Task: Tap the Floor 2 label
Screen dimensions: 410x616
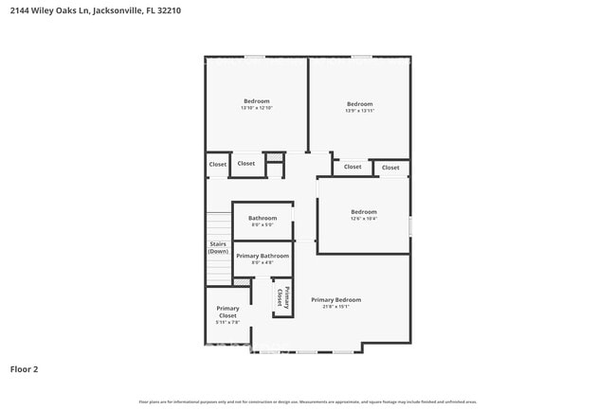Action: point(24,369)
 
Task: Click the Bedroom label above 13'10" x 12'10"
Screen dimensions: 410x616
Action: point(256,101)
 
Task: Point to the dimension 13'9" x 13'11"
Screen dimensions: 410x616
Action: point(359,111)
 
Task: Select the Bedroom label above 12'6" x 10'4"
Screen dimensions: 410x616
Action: point(364,211)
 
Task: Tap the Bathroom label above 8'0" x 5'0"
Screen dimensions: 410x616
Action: point(263,218)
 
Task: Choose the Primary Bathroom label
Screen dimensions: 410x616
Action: point(263,256)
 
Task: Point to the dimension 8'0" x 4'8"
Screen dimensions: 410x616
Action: point(263,262)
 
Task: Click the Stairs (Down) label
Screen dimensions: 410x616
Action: point(218,248)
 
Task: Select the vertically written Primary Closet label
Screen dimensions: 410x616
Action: point(281,296)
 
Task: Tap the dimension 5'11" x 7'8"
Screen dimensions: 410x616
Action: point(227,323)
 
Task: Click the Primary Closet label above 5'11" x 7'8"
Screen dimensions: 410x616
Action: point(227,312)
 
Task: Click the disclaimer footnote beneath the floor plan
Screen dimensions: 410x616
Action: point(308,401)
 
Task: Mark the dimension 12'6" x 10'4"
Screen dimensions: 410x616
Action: point(364,219)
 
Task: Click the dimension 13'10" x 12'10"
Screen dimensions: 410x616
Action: point(256,108)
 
